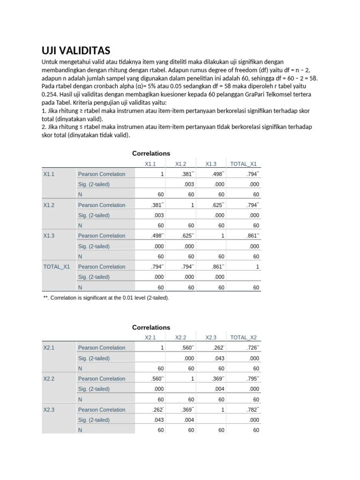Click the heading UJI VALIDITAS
[76, 51]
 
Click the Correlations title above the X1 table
[151, 153]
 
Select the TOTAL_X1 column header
[244, 164]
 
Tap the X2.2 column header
[180, 337]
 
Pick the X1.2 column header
[180, 164]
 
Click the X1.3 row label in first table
[49, 236]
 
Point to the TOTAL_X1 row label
[56, 267]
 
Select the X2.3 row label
[49, 410]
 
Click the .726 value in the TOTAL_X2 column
[252, 348]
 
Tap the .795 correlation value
[252, 379]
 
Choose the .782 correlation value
[252, 410]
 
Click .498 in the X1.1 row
[217, 174]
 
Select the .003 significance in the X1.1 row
[188, 184]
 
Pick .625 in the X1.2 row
[217, 205]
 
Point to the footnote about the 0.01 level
[106, 298]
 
